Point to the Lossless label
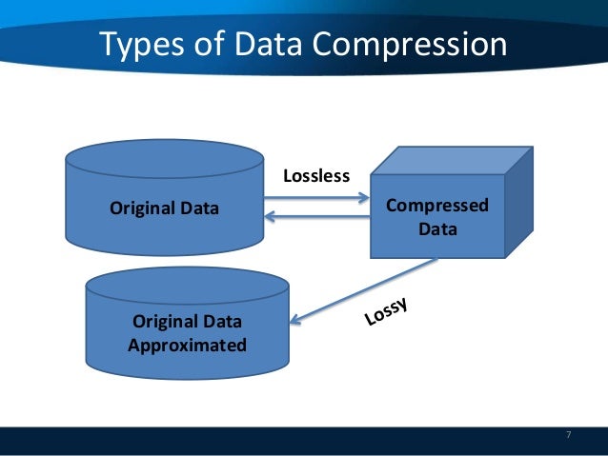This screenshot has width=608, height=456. coord(317,176)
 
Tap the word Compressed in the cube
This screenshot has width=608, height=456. coord(437,206)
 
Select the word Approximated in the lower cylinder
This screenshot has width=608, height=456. coord(187,345)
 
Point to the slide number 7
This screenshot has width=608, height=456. coord(569,435)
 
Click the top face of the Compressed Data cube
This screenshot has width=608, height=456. coord(451,160)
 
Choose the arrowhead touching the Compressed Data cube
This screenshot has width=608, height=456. coord(363,199)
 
